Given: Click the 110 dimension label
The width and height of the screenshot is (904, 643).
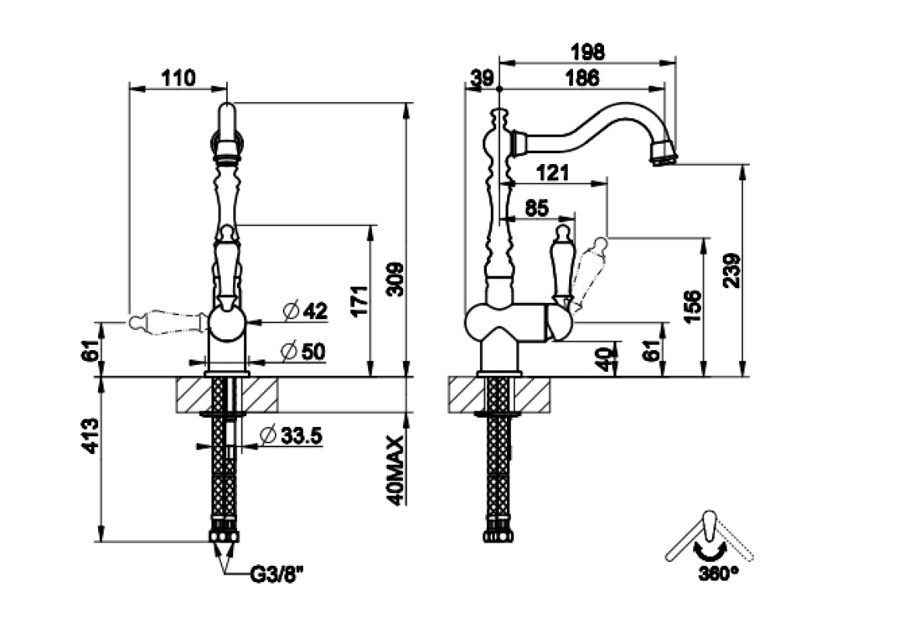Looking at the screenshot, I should [x=178, y=78].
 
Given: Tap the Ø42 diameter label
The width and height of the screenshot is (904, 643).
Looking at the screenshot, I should [x=304, y=311].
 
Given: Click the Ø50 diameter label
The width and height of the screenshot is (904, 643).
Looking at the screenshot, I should [x=304, y=352].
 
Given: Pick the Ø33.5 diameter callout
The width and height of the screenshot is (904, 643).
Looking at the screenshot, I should [x=291, y=435].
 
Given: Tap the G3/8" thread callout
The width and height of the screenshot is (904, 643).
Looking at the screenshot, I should [x=276, y=575].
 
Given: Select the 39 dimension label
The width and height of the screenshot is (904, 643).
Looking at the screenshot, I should [x=482, y=78].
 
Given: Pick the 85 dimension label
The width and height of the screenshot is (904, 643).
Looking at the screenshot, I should [x=536, y=206].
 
